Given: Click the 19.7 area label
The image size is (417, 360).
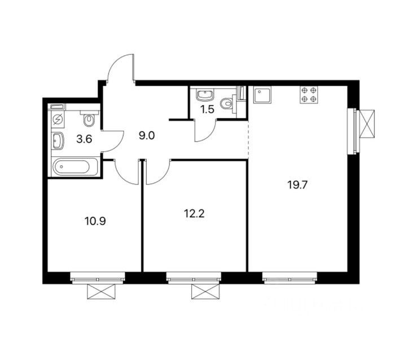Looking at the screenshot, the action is [x=297, y=185].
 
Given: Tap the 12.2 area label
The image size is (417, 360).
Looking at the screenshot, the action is [x=194, y=213].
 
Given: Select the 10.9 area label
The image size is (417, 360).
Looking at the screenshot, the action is [x=95, y=221].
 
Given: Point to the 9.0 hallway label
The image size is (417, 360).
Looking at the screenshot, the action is [x=147, y=136].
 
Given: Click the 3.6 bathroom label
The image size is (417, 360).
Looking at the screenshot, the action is [x=84, y=139].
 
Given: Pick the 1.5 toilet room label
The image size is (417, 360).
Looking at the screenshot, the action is [x=207, y=109].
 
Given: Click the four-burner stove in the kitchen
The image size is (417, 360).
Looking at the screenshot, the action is [x=309, y=95].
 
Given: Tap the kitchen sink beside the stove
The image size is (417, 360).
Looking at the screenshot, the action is [x=262, y=95].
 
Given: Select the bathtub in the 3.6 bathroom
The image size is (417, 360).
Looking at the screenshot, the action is [x=75, y=166].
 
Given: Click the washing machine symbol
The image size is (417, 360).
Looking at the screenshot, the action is [x=58, y=120].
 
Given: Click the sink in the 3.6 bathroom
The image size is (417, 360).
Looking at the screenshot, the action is [x=58, y=141].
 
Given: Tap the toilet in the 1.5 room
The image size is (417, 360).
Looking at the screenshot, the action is [x=227, y=104].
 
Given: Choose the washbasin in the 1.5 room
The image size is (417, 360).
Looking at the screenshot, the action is [x=204, y=95].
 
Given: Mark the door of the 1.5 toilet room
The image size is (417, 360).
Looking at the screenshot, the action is [x=205, y=131].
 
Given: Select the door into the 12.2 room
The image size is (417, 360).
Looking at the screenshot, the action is [x=158, y=172].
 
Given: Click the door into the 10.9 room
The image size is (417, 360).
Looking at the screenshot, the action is [x=126, y=172].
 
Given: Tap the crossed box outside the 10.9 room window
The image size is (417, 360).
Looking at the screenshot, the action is [x=102, y=292].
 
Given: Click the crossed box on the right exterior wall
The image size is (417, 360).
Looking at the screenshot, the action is [x=367, y=124].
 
